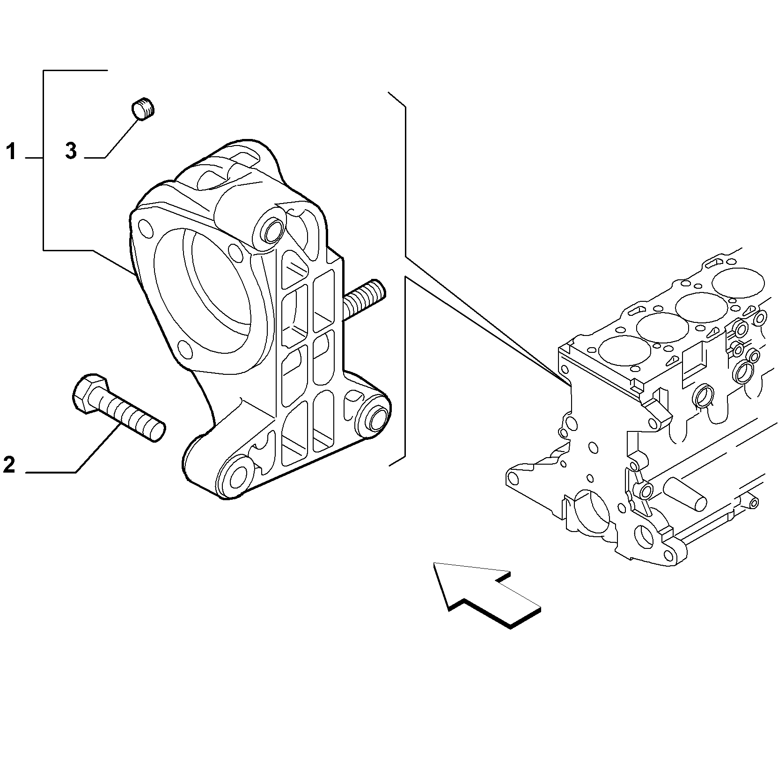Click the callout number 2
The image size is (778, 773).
coord(9,465)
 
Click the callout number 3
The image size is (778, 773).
coord(71,152)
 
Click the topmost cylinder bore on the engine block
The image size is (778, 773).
coord(738,283)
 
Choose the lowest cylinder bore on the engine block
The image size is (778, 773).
coord(624,351)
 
